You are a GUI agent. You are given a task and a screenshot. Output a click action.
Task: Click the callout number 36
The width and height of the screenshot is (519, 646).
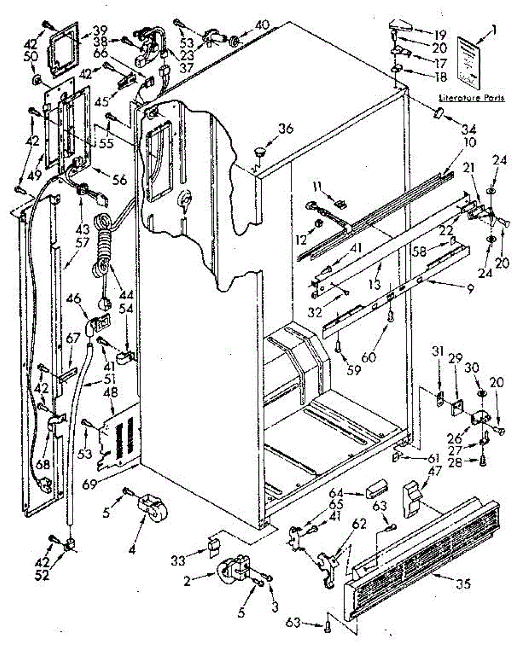[286, 128]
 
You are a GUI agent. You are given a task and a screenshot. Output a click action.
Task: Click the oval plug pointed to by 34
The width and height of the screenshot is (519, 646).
[437, 114]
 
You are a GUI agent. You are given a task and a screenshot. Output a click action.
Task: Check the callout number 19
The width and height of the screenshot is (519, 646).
[441, 35]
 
